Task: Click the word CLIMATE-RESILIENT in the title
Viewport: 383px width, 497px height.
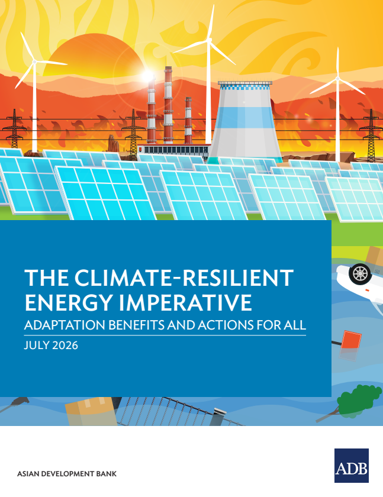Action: (x=184, y=277)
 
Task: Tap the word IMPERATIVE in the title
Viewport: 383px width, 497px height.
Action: (x=185, y=302)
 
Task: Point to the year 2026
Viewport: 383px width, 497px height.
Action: (x=65, y=345)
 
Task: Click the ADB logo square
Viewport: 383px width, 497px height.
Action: (x=352, y=465)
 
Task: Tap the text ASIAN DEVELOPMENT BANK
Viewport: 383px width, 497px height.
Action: (x=67, y=474)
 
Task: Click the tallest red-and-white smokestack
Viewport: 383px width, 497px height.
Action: (x=168, y=105)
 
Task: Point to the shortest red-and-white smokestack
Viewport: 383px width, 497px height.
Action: (x=188, y=121)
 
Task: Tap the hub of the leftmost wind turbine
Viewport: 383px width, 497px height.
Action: (x=34, y=62)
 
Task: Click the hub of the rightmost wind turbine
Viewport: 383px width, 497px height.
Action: (x=337, y=78)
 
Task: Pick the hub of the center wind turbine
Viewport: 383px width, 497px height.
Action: (x=209, y=40)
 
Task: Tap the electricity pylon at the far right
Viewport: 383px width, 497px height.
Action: (x=371, y=135)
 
